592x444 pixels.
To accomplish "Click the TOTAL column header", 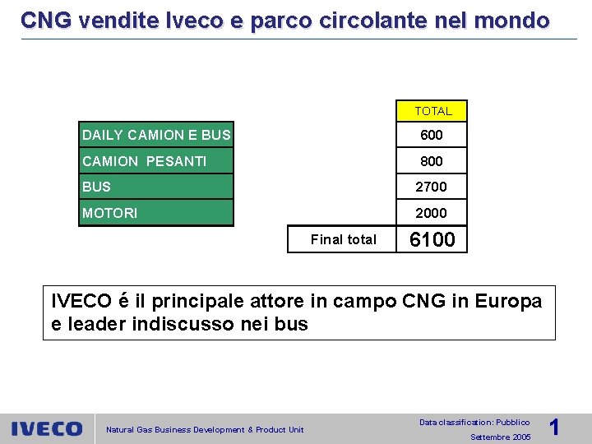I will [432, 111].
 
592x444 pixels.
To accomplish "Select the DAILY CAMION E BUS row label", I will [156, 135].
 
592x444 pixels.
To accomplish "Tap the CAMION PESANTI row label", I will [144, 161].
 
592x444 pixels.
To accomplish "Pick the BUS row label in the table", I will [96, 187].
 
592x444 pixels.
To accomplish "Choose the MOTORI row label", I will [109, 213].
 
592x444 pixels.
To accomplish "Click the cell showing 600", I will [432, 135].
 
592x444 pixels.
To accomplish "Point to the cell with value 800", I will [432, 161].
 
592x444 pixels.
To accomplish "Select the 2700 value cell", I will [432, 187].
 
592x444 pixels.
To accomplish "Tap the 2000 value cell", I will [432, 213].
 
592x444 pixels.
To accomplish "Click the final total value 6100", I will [432, 239].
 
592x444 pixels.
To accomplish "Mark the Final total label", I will [343, 239].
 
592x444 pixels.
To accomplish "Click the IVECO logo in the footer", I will [47, 428].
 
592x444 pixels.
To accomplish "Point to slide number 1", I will [554, 427].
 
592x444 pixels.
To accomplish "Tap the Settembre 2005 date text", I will [500, 437].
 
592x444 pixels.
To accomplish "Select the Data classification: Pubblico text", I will [474, 422].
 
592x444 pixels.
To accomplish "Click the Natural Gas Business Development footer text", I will [205, 429].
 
